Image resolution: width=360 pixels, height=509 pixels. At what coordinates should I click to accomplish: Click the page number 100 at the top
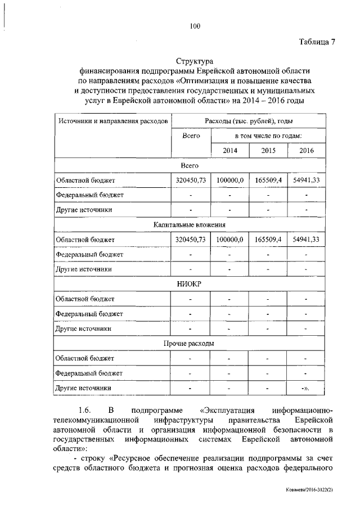[x=195, y=25]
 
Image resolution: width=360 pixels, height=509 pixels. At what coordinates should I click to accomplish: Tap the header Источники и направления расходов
[x=111, y=121]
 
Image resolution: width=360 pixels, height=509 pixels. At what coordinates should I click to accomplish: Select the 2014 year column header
[x=230, y=151]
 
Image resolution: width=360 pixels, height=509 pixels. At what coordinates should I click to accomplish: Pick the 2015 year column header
[x=268, y=151]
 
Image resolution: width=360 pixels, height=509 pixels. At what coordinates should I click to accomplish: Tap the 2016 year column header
[x=307, y=151]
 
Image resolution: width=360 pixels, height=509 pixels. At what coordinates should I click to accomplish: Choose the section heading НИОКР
[x=190, y=283]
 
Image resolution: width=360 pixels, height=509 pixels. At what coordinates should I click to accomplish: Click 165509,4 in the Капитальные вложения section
[x=268, y=239]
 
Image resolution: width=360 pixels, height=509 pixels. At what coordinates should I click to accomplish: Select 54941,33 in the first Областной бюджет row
[x=307, y=180]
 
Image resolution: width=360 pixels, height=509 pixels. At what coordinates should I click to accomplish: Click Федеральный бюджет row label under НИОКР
[x=89, y=313]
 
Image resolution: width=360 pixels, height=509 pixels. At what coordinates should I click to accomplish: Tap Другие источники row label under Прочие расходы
[x=83, y=388]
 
